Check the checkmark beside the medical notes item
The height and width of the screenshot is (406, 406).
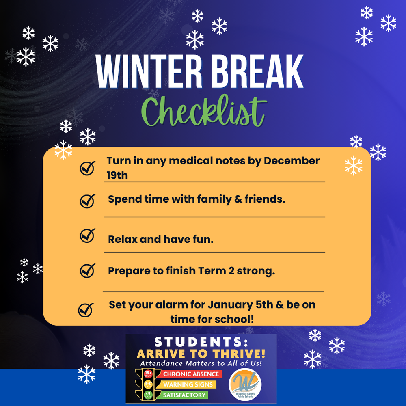click(88, 168)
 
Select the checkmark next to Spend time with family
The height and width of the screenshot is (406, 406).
click(88, 201)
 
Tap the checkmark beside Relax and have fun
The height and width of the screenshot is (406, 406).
click(88, 235)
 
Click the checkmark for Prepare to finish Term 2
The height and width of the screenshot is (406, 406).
click(88, 270)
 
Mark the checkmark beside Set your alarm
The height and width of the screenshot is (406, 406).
click(85, 311)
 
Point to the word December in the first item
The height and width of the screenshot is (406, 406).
click(292, 161)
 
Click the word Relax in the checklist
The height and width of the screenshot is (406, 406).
click(123, 239)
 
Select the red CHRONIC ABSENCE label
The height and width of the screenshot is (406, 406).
click(191, 374)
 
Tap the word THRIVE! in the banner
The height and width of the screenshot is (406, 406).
click(242, 354)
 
